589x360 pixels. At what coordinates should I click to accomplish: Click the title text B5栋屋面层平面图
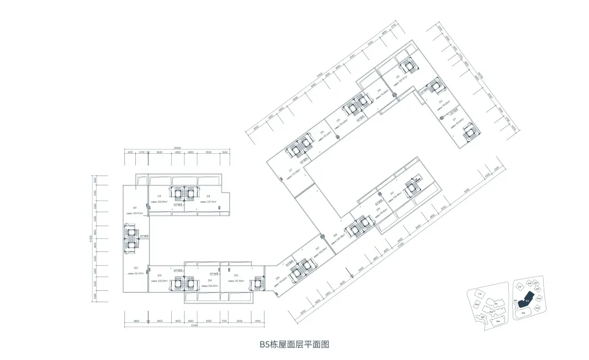[x=294, y=344]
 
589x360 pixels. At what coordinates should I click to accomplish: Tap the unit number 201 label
[x=134, y=208]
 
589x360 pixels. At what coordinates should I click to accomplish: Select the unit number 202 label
[x=135, y=268]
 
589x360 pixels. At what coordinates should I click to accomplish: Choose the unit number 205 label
[x=236, y=276]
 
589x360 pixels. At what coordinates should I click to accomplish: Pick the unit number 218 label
[x=208, y=196]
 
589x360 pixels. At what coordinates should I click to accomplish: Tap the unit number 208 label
[x=334, y=235]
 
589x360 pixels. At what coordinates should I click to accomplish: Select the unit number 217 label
[x=291, y=169]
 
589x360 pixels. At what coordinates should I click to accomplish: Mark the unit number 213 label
[x=398, y=76]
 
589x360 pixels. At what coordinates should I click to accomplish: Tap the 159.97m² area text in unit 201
[x=135, y=213]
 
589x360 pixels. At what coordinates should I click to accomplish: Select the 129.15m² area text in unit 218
[x=208, y=202]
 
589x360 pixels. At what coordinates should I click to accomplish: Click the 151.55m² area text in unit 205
[x=236, y=281]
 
